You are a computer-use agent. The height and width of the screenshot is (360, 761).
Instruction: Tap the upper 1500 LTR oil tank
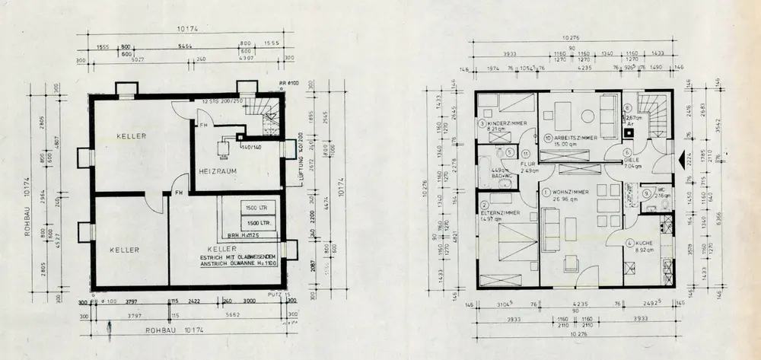click(x=256, y=208)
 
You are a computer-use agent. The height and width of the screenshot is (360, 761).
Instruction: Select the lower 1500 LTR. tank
click(x=256, y=222)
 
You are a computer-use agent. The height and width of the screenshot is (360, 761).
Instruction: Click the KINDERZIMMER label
click(x=504, y=123)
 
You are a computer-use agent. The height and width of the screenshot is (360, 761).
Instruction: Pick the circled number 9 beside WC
click(x=645, y=193)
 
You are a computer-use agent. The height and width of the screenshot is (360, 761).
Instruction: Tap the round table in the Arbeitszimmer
click(x=587, y=116)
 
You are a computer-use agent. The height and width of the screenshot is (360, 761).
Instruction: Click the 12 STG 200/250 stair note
click(x=222, y=101)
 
